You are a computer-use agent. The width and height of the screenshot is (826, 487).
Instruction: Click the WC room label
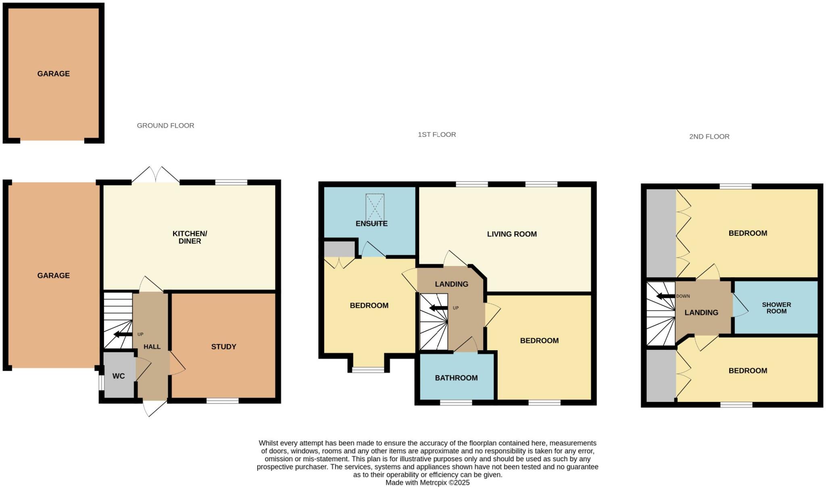(118, 376)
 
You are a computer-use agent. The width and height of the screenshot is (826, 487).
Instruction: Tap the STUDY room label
(223, 347)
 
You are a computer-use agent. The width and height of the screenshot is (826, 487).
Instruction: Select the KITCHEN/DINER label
(190, 237)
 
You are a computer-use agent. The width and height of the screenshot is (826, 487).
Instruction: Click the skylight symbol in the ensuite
(375, 207)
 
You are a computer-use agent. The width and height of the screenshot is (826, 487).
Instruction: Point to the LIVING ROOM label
(511, 234)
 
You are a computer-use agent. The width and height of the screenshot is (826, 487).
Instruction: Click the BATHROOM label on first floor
(456, 378)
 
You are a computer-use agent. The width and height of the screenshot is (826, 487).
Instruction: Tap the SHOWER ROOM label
(776, 308)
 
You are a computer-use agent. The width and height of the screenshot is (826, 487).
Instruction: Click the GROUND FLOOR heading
(165, 125)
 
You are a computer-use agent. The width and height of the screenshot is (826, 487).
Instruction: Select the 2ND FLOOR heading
(709, 136)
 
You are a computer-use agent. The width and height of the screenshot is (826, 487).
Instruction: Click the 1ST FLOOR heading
(436, 134)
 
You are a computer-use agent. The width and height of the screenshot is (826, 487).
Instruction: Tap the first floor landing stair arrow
(438, 308)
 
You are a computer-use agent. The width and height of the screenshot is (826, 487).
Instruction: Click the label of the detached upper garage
(53, 73)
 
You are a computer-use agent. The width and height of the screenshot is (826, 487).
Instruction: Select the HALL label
(152, 347)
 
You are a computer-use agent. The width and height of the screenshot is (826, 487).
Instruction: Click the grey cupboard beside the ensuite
(340, 249)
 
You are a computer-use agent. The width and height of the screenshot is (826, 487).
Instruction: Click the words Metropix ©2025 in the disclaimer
(444, 483)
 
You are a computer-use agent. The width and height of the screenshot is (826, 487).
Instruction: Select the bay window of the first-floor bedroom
(368, 369)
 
